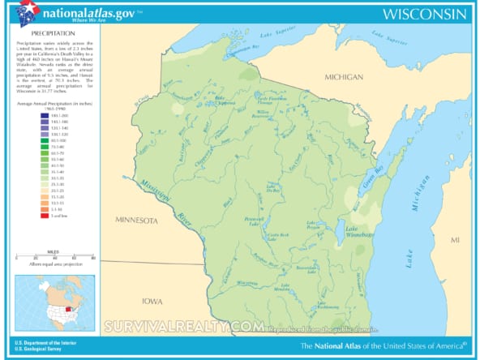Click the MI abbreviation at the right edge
[456, 241]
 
